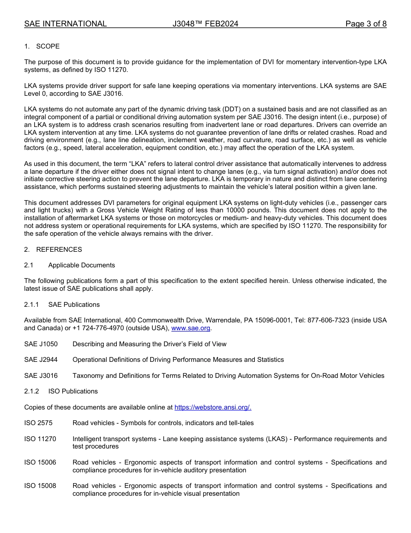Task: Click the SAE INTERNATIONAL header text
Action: tap(65, 24)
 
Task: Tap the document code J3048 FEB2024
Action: tap(205, 24)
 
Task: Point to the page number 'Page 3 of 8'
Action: tap(366, 24)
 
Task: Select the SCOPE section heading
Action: tap(48, 46)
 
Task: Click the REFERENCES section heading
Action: tap(59, 250)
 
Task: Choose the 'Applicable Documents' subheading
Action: tap(81, 265)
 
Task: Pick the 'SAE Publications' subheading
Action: tap(74, 305)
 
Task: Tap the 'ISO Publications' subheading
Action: tap(73, 391)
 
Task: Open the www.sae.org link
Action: tap(191, 328)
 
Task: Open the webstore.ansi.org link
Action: tap(212, 407)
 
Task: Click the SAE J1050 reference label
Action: tap(41, 344)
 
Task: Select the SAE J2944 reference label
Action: tap(41, 360)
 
